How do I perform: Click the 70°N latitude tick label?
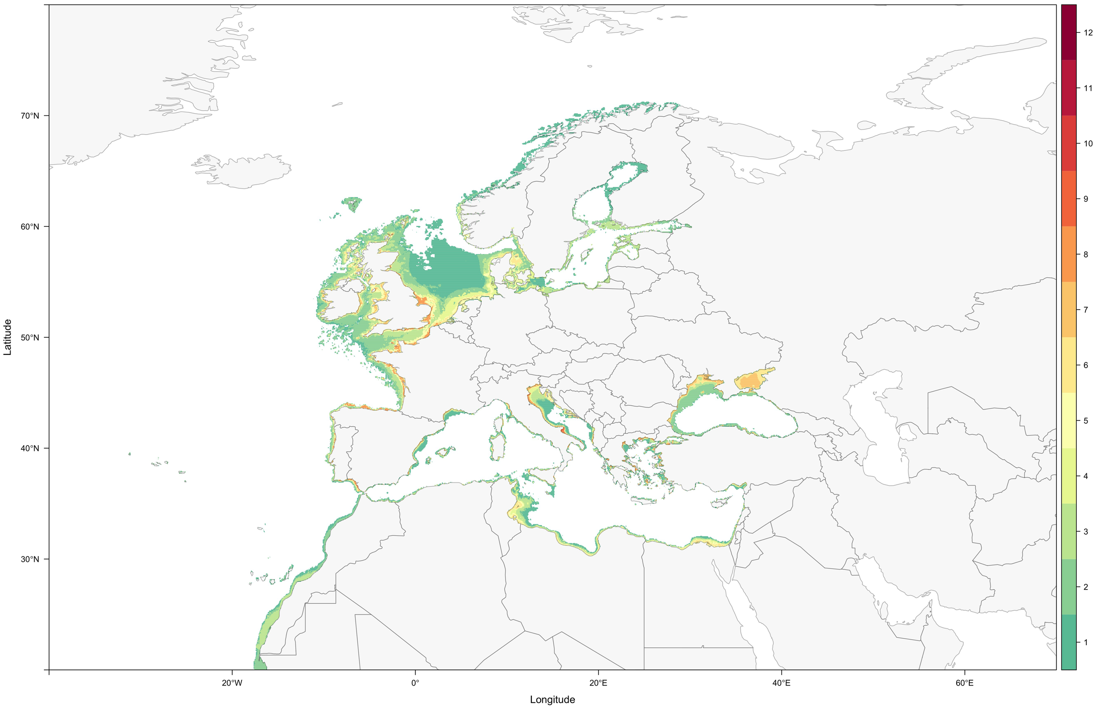click(x=29, y=116)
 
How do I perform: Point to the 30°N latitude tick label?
click(x=29, y=559)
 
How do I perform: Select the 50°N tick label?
click(x=29, y=337)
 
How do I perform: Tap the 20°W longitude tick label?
click(x=231, y=683)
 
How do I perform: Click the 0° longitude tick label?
click(x=415, y=683)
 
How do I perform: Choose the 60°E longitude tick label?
click(x=964, y=683)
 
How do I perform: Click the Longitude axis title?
click(x=552, y=700)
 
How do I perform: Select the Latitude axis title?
click(x=7, y=337)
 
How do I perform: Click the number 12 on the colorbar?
click(x=1088, y=32)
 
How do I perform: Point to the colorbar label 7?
click(x=1085, y=310)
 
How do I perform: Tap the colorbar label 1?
click(x=1085, y=642)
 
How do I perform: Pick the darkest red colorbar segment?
click(x=1068, y=32)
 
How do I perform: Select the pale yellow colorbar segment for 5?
click(x=1068, y=420)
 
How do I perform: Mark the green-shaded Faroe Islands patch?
click(x=353, y=203)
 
